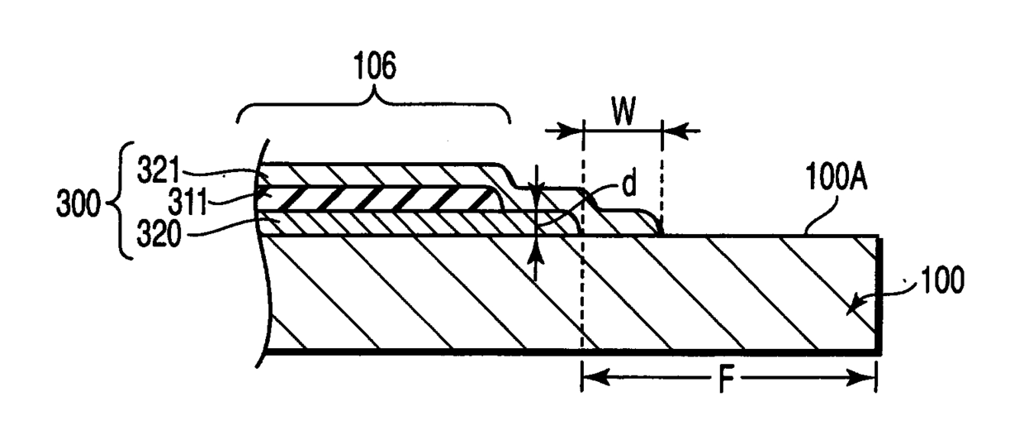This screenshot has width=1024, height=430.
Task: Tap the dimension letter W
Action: (x=623, y=112)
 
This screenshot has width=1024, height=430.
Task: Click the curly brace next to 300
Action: (x=124, y=200)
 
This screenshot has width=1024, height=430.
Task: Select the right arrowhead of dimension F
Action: (x=865, y=380)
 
